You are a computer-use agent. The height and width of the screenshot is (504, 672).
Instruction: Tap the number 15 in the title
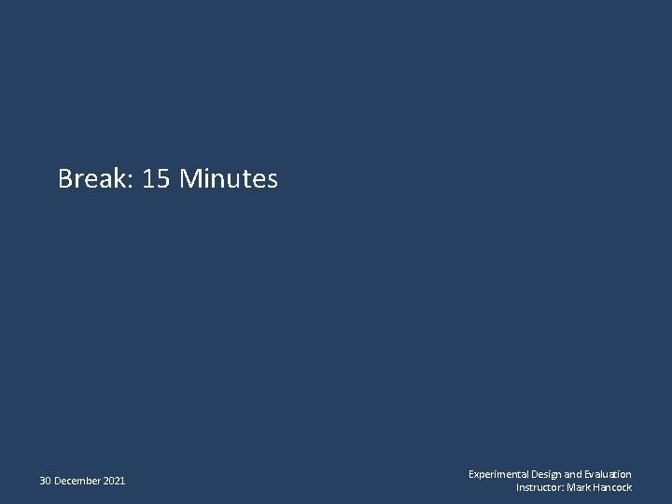click(x=157, y=178)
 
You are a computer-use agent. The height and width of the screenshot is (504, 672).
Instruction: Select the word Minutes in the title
click(x=229, y=178)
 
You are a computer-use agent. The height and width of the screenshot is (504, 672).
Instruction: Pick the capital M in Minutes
click(x=189, y=178)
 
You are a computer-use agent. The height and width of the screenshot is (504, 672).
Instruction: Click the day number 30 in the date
click(x=45, y=482)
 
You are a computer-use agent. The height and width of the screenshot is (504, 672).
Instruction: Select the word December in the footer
click(x=77, y=482)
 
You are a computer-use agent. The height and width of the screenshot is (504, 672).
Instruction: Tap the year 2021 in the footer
click(x=114, y=482)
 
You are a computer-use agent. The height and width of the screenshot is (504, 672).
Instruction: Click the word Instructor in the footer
click(x=539, y=488)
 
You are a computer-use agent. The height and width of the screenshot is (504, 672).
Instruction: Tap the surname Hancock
click(x=612, y=488)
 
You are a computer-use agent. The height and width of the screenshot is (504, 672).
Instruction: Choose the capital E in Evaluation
click(x=586, y=475)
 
